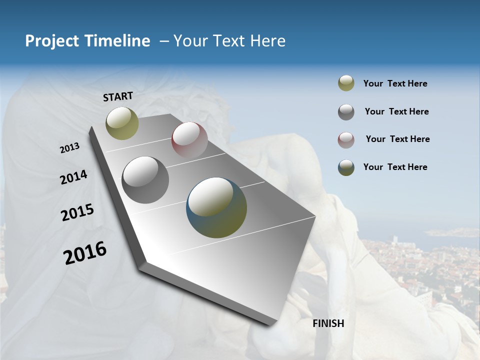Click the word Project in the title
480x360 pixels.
click(x=49, y=41)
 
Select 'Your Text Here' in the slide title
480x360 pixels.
click(x=229, y=41)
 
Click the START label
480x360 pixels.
click(x=118, y=96)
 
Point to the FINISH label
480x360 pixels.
click(x=328, y=323)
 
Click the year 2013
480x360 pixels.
click(x=69, y=148)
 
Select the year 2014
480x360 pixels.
click(x=73, y=177)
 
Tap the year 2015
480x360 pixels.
click(x=77, y=213)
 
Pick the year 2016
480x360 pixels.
click(x=85, y=253)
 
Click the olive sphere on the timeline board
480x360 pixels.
click(x=122, y=123)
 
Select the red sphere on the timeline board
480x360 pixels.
click(x=189, y=140)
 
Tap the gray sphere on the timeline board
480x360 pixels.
click(x=145, y=180)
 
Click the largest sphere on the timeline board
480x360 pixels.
click(x=216, y=207)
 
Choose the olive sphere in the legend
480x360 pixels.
click(x=346, y=83)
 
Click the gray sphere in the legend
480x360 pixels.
click(x=346, y=112)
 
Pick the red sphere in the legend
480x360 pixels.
click(x=346, y=139)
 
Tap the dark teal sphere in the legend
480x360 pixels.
click(x=346, y=167)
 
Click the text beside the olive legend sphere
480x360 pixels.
click(x=395, y=83)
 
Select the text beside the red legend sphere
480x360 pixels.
click(x=397, y=139)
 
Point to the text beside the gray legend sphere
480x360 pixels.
click(x=396, y=111)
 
